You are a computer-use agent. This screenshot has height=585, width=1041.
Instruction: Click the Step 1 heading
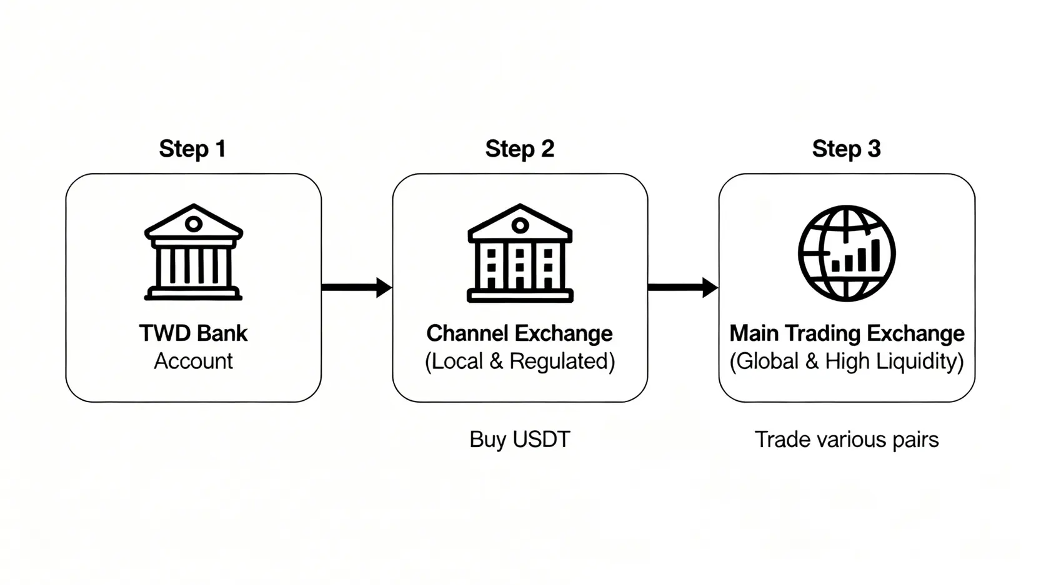pyautogui.click(x=192, y=149)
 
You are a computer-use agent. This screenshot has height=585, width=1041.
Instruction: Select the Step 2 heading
pyautogui.click(x=519, y=149)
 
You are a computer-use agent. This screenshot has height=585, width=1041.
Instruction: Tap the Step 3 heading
pyautogui.click(x=846, y=149)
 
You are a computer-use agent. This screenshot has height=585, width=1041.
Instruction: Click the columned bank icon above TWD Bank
pyautogui.click(x=193, y=252)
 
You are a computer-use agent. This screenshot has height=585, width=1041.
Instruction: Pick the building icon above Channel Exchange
pyautogui.click(x=520, y=253)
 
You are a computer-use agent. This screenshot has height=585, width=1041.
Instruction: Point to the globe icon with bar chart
pyautogui.click(x=847, y=253)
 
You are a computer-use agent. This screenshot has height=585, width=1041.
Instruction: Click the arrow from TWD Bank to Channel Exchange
pyautogui.click(x=356, y=287)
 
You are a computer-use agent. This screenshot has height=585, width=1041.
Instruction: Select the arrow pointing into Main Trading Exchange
pyautogui.click(x=682, y=287)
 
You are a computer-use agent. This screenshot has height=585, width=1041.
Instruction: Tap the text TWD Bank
pyautogui.click(x=193, y=333)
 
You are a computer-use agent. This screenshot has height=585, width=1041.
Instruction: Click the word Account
pyautogui.click(x=193, y=361)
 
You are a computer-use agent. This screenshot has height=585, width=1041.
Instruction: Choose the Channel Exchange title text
pyautogui.click(x=519, y=333)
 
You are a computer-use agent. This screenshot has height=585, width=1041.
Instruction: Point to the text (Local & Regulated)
pyautogui.click(x=519, y=361)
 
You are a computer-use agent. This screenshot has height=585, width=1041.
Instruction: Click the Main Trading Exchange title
pyautogui.click(x=847, y=333)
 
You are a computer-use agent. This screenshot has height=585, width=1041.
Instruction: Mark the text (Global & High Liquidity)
pyautogui.click(x=847, y=361)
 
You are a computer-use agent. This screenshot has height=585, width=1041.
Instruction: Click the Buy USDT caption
pyautogui.click(x=519, y=440)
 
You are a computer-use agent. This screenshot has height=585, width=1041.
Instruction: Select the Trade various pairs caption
pyautogui.click(x=847, y=440)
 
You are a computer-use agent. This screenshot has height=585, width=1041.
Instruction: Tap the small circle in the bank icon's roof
pyautogui.click(x=194, y=224)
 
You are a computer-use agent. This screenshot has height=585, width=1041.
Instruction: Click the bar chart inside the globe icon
pyautogui.click(x=856, y=257)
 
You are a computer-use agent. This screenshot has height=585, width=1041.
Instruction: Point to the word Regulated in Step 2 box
pyautogui.click(x=562, y=361)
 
